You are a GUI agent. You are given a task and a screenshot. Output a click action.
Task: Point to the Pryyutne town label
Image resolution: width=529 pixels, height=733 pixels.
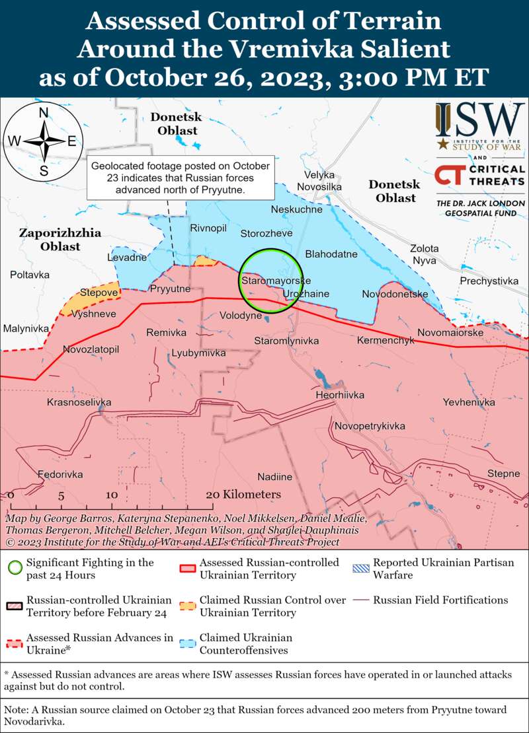170,289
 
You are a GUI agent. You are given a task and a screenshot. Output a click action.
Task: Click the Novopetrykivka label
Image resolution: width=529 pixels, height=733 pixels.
369,426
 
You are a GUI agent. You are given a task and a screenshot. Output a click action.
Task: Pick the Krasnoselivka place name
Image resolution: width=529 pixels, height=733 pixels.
79,402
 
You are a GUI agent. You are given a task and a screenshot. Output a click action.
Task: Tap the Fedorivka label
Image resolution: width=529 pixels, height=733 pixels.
60,474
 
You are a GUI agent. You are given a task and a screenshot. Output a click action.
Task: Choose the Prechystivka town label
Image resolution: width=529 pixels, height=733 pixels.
489,281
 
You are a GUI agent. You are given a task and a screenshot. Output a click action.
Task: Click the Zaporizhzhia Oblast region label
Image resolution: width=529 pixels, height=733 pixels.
50,240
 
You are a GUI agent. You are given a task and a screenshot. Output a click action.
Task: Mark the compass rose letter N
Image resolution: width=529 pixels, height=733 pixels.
44,113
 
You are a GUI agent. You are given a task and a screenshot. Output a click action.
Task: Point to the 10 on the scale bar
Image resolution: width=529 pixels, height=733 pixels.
111,495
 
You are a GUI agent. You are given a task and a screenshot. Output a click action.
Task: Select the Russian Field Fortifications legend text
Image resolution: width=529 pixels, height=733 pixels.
440,600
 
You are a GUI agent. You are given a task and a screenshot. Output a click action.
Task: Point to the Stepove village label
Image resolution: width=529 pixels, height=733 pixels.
99,292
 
